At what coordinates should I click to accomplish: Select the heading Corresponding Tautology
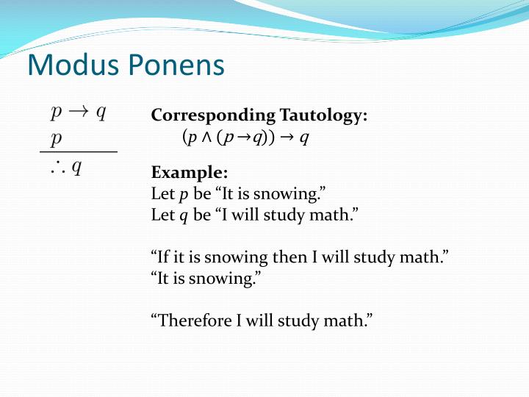[x=259, y=116]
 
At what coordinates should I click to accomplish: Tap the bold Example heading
[x=189, y=173]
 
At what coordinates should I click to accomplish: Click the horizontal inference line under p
[x=78, y=151]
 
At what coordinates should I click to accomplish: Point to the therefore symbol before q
[x=57, y=168]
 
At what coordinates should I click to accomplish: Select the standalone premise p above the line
[x=56, y=138]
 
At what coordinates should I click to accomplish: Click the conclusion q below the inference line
[x=76, y=168]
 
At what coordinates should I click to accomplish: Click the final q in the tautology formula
[x=303, y=137]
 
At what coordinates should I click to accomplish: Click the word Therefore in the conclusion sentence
[x=191, y=320]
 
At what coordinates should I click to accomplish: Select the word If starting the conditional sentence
[x=162, y=257]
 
